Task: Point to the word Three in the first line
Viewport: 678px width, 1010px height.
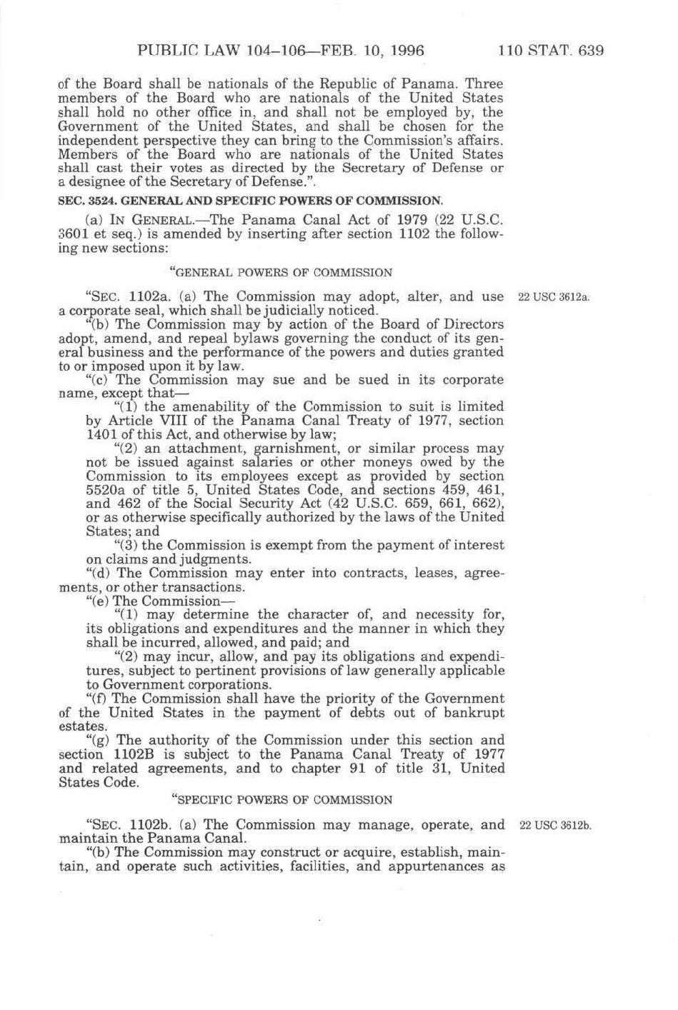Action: tap(484, 84)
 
